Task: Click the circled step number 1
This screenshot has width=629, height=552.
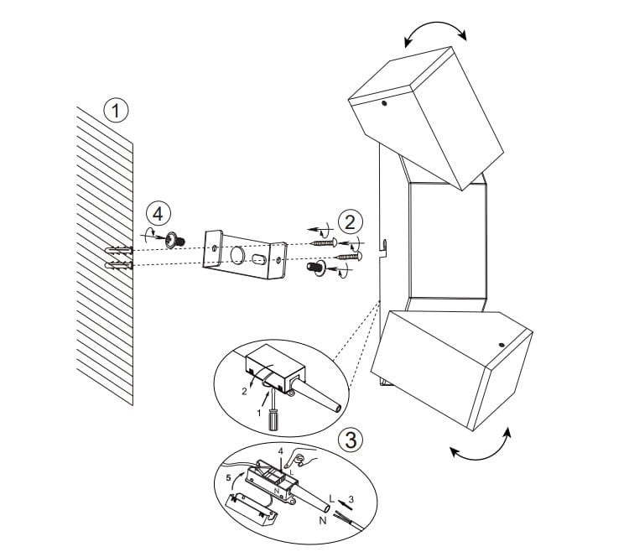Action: coord(116,111)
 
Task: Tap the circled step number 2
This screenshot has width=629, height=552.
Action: coord(351,222)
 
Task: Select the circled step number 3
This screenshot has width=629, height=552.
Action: coord(351,440)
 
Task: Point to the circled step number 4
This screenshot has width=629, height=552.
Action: coord(158,214)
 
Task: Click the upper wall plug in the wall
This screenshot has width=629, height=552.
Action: coord(118,250)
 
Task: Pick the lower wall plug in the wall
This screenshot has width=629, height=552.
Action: coord(118,265)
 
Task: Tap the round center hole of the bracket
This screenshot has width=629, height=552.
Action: coord(237,255)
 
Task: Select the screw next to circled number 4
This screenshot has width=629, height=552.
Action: coord(175,240)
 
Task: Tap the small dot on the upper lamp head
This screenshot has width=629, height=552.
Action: coord(385,103)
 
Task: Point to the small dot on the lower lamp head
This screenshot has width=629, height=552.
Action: coord(502,345)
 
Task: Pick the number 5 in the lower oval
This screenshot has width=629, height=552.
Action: coord(228,478)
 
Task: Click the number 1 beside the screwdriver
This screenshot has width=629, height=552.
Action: coord(259,413)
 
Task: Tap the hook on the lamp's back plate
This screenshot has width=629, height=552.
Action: coord(383,247)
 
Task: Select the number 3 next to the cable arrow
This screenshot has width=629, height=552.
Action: coord(351,499)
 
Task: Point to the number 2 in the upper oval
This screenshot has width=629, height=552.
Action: coord(244,392)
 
